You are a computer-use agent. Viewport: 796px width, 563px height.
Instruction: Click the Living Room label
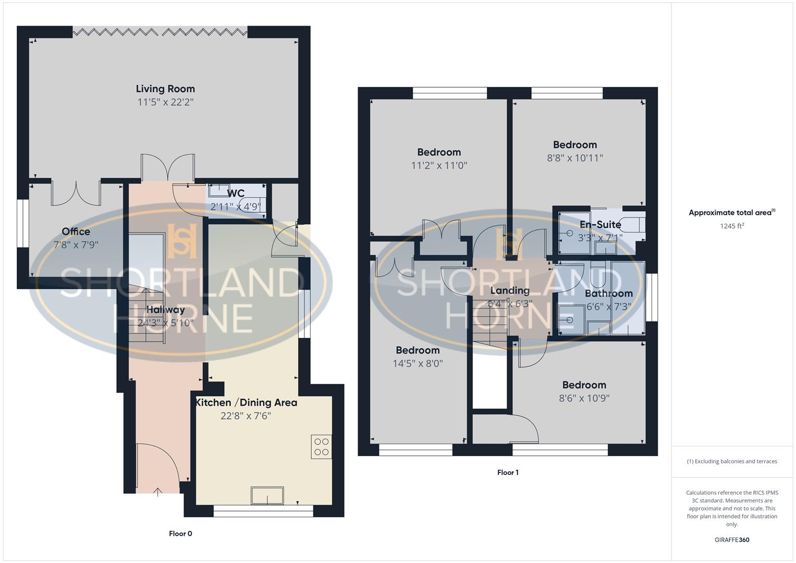[x=165, y=89]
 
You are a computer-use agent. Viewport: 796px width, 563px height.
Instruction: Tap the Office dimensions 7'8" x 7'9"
[x=76, y=244]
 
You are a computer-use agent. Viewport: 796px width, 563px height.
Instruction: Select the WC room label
[x=236, y=194]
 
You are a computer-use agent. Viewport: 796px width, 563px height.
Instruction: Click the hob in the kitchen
[x=322, y=447]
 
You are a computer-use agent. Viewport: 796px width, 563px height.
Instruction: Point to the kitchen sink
[x=267, y=495]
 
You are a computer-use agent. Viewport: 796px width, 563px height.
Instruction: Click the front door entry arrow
[x=158, y=492]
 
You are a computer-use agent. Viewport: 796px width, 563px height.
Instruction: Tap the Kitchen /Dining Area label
[x=246, y=402]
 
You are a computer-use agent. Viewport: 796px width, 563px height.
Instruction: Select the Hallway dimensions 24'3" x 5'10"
[x=165, y=323]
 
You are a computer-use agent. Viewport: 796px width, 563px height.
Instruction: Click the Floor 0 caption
[x=180, y=533]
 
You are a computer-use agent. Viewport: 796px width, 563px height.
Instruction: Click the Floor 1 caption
[x=508, y=472]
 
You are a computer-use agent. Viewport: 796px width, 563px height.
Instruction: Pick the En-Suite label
[x=601, y=225]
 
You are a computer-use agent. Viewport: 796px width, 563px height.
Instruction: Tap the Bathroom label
[x=609, y=293]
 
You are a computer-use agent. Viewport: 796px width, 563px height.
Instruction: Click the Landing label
[x=510, y=290]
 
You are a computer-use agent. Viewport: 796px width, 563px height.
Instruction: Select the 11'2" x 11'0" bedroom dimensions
[x=439, y=166]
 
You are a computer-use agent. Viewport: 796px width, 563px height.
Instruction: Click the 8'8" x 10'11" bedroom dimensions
[x=575, y=158]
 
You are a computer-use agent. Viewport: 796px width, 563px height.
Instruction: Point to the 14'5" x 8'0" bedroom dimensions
[x=418, y=363]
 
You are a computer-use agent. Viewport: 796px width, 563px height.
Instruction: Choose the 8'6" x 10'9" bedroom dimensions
[x=584, y=398]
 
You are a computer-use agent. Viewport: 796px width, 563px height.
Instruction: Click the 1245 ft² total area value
[x=732, y=226]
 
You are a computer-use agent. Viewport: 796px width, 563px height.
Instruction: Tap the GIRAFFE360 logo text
[x=732, y=540]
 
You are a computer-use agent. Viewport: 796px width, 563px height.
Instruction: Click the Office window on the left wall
[x=22, y=223]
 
